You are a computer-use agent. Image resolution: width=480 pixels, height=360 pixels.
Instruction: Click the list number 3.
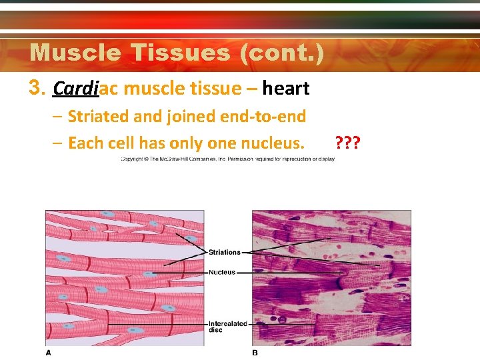pos(37,88)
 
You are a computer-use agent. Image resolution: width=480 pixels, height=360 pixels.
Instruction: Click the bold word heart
pos(286,88)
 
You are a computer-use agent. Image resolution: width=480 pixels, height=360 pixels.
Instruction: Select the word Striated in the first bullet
pos(95,117)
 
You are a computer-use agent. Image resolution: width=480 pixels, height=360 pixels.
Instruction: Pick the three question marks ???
pos(348,143)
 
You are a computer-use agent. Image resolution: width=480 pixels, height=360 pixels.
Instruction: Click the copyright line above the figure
pos(227,159)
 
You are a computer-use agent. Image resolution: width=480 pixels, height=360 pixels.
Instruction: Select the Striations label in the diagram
pos(224,253)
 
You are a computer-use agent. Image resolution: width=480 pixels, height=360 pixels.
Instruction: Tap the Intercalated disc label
pos(227,327)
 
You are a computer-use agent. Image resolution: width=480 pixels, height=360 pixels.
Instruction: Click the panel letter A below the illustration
pos(48,352)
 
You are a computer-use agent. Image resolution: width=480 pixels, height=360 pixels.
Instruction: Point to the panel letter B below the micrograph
pos(255,352)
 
